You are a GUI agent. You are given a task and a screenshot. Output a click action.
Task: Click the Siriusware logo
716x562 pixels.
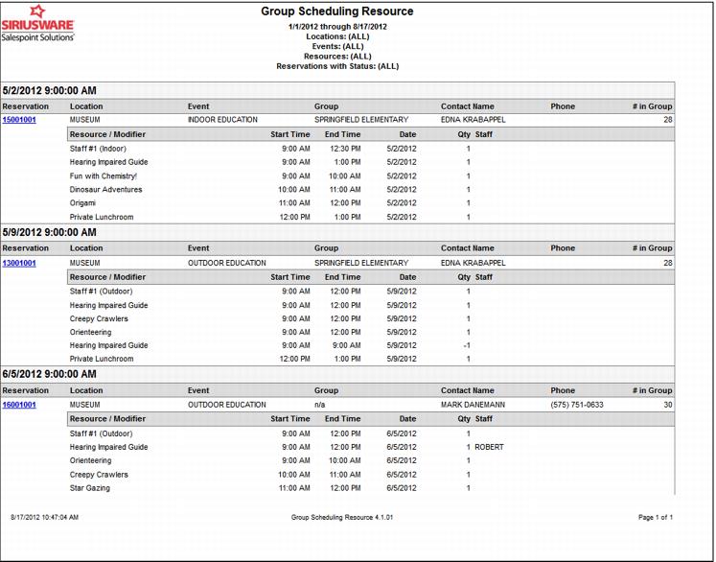click(37, 26)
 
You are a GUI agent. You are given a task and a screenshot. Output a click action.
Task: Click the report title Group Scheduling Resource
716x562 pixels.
click(337, 12)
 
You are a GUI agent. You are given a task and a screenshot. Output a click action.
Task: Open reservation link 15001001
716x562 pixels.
click(19, 120)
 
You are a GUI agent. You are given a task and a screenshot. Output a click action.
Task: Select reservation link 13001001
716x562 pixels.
click(19, 263)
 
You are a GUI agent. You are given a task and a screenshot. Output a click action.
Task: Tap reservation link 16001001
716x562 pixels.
click(19, 405)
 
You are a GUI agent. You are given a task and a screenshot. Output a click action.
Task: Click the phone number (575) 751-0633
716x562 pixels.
click(577, 405)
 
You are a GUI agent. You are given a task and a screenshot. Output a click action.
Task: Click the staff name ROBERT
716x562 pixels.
click(489, 447)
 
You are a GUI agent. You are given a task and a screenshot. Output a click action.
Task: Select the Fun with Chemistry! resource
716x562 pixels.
click(104, 176)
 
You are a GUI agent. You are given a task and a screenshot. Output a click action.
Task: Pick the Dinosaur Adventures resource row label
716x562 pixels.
click(105, 190)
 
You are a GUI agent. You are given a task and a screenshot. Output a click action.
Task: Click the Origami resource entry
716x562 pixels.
click(84, 203)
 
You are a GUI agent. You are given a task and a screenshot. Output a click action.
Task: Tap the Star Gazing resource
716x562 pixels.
click(90, 488)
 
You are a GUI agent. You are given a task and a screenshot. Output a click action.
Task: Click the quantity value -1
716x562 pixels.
click(466, 345)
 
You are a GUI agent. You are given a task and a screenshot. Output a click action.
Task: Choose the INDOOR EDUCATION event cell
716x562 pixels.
click(222, 120)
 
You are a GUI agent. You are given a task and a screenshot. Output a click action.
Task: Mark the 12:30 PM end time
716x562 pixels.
click(343, 149)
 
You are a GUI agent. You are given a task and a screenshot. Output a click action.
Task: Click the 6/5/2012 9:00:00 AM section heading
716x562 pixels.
click(50, 374)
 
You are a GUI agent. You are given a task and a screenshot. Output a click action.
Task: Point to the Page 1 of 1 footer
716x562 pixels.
click(656, 517)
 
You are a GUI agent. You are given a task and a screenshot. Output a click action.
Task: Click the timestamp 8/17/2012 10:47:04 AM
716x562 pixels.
click(44, 517)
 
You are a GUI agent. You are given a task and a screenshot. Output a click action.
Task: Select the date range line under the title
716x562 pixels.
click(337, 27)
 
